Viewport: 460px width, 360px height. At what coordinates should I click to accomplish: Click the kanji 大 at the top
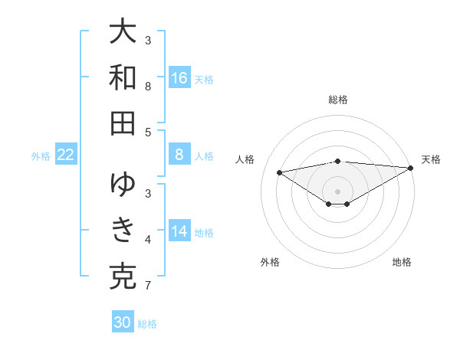click(x=123, y=32)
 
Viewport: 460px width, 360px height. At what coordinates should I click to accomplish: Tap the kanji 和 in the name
click(x=123, y=77)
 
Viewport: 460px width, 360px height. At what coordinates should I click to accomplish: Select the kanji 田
click(x=123, y=123)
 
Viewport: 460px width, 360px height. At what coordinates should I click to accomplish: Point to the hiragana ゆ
click(x=123, y=184)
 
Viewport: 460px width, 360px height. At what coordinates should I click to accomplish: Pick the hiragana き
click(x=123, y=229)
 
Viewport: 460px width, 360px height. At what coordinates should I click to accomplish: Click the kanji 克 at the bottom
click(x=123, y=275)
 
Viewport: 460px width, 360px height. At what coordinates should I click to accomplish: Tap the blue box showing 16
click(x=179, y=78)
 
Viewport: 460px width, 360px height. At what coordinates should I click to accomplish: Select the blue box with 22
click(x=66, y=155)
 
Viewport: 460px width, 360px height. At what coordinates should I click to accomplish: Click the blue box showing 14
click(x=179, y=232)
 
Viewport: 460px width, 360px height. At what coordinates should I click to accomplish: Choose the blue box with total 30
click(x=123, y=322)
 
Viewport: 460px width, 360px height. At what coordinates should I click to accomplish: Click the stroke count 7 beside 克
click(x=147, y=286)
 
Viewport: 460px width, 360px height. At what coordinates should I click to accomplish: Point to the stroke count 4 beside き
click(x=147, y=241)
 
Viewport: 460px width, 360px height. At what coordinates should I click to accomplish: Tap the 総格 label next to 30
click(x=147, y=324)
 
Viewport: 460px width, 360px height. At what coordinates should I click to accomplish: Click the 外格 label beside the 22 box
click(x=41, y=156)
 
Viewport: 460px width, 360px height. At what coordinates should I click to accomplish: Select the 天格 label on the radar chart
click(x=431, y=159)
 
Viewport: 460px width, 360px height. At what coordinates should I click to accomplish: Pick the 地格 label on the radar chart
click(x=402, y=262)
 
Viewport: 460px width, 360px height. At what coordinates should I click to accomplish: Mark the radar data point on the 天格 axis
click(x=411, y=169)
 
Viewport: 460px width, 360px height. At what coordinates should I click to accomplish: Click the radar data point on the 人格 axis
click(x=279, y=172)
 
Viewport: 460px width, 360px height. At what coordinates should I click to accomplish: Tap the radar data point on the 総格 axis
click(x=337, y=161)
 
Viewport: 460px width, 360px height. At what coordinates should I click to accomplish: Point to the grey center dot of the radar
click(x=337, y=191)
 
